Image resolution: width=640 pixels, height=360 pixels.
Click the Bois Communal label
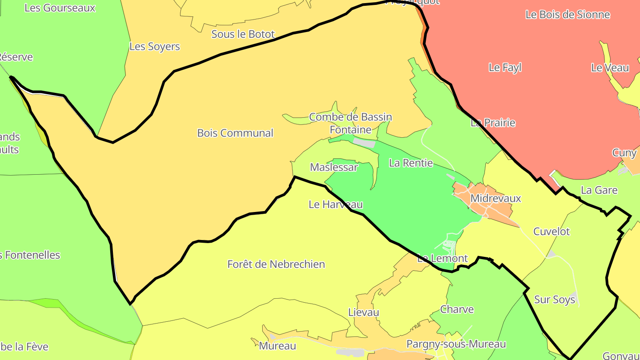(235, 133)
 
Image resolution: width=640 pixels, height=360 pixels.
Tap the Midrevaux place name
(495, 198)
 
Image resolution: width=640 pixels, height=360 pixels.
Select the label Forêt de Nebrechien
(276, 264)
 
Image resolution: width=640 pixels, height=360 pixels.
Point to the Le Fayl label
(505, 68)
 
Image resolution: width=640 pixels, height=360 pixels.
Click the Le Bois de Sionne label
(568, 14)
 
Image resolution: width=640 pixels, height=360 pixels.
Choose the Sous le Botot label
(243, 34)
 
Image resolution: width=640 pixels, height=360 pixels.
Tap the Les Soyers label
(155, 46)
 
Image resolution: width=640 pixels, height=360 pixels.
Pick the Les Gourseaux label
(60, 8)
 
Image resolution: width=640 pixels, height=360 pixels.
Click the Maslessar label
(334, 167)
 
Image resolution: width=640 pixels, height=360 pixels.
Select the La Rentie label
(411, 163)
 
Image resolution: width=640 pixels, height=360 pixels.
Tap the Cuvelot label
(551, 232)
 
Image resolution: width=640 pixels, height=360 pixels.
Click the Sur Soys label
(554, 300)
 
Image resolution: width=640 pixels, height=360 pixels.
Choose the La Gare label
(599, 190)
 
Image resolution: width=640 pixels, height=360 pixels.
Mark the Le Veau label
(610, 68)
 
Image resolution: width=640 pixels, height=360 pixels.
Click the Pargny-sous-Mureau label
(456, 344)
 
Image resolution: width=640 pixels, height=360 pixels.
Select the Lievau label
(364, 312)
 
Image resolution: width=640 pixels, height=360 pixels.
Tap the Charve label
(457, 309)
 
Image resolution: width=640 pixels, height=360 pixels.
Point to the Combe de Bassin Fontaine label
(350, 123)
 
